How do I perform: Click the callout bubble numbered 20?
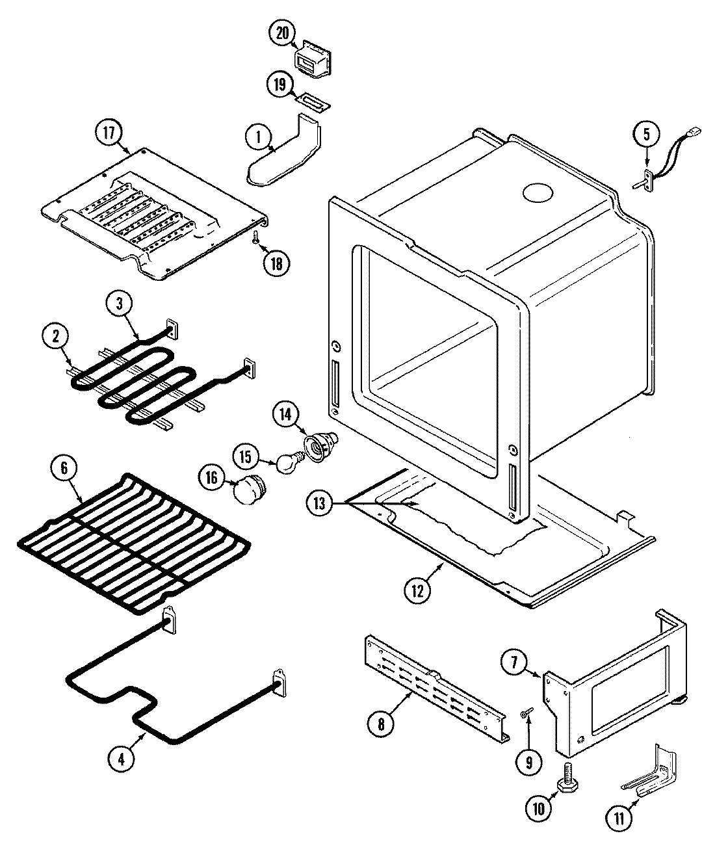point(283,34)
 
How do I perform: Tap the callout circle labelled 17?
point(109,134)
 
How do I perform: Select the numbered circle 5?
point(646,135)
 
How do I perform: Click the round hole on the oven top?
point(539,194)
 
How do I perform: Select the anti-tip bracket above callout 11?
point(650,774)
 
